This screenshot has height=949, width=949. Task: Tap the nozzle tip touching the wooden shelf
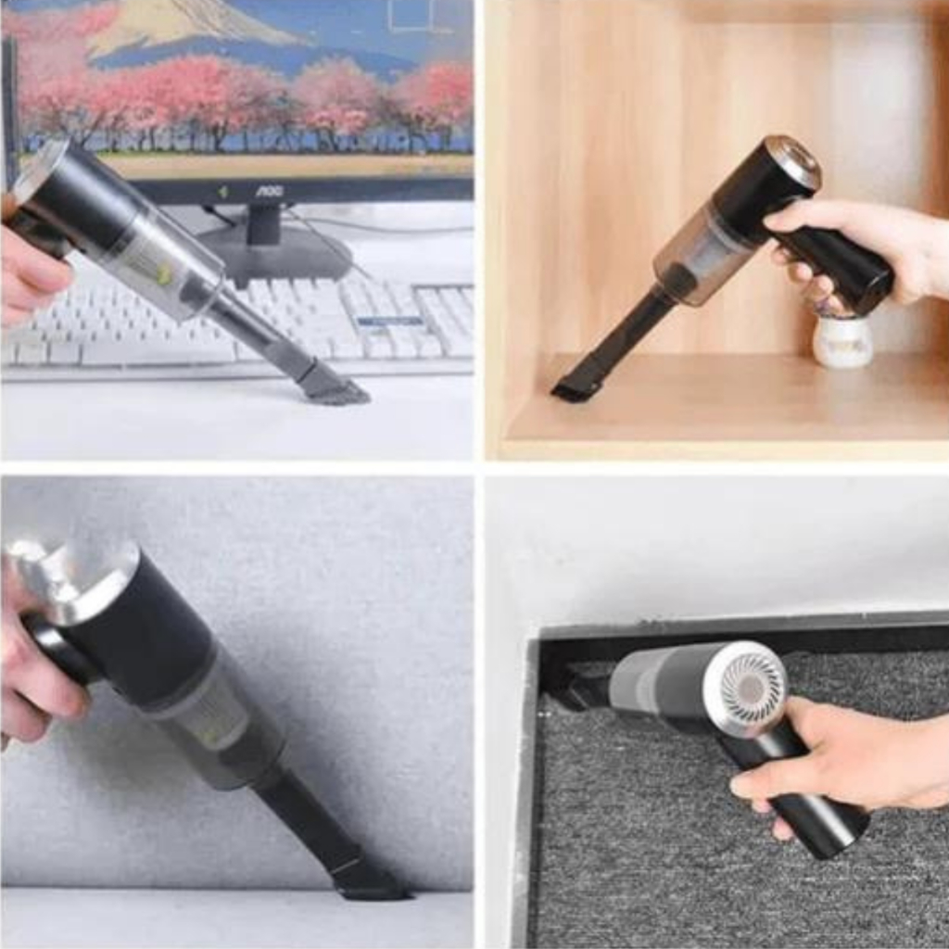571,384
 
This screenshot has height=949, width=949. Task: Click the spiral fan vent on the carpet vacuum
748,687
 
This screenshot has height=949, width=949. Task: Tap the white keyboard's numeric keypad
444,322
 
